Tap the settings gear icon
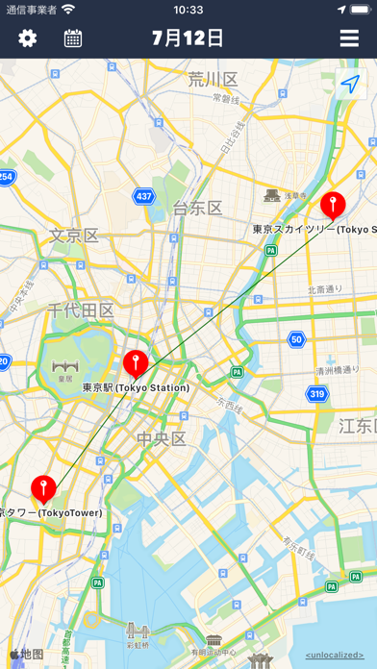pos(27,38)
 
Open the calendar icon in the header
pos(73,38)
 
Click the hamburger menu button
pos(349,38)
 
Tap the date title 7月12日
pos(188,38)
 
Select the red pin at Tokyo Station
pos(136,365)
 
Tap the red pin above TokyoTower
pos(43,488)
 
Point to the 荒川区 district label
pos(214,79)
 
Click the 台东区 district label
pos(197,208)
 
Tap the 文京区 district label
pos(74,235)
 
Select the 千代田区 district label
pos(82,310)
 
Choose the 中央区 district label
pos(160,439)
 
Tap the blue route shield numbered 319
pos(317,393)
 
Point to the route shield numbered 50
pos(296,338)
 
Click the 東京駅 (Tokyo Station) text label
pos(136,387)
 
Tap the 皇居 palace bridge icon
pos(65,367)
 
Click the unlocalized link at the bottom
pos(335,656)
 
